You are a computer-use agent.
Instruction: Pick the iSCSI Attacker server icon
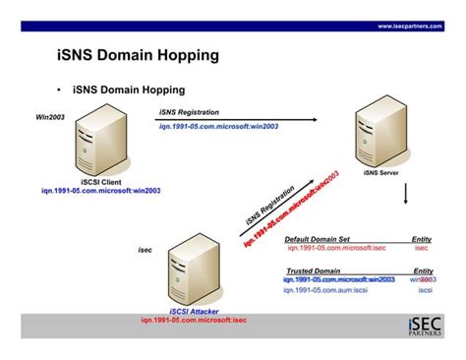(187, 272)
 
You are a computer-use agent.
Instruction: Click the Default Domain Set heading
(317, 239)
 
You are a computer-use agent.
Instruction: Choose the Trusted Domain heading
(314, 270)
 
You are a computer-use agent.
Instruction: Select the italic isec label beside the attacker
(144, 250)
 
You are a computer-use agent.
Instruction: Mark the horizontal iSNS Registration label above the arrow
(189, 112)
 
